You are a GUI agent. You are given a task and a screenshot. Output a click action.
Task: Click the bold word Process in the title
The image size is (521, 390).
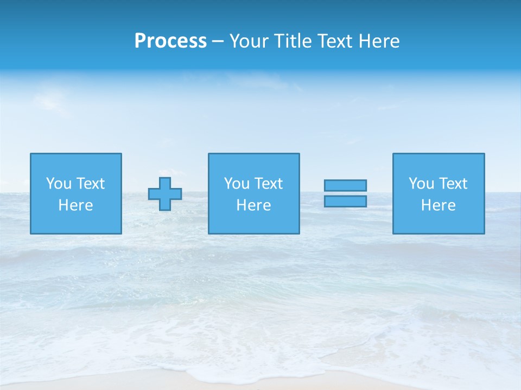pos(170,41)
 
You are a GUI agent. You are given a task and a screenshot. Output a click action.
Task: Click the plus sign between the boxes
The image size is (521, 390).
pos(165,193)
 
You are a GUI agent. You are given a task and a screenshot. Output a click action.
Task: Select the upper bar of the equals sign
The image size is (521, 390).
pos(345,185)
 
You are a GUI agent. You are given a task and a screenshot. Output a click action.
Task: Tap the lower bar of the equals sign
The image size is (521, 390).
pos(345,201)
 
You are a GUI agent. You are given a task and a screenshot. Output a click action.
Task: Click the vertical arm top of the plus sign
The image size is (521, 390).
pos(165,182)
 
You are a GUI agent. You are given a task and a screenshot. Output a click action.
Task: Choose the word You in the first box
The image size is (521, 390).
pos(59,184)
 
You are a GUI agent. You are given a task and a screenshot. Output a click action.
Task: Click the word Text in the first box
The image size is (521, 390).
pos(90,184)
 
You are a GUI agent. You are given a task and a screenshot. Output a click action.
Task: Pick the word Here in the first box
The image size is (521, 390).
pos(75,205)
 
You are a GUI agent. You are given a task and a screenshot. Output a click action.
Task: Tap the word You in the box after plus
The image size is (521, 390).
pos(237,184)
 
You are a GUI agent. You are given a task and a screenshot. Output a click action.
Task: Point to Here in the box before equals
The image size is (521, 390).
pos(253,205)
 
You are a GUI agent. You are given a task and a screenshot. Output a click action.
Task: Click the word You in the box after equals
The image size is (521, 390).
pos(421,184)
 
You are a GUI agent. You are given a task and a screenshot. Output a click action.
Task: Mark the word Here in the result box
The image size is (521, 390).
pos(438,205)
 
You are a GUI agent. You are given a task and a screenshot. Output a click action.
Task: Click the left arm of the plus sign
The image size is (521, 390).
pos(154,193)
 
